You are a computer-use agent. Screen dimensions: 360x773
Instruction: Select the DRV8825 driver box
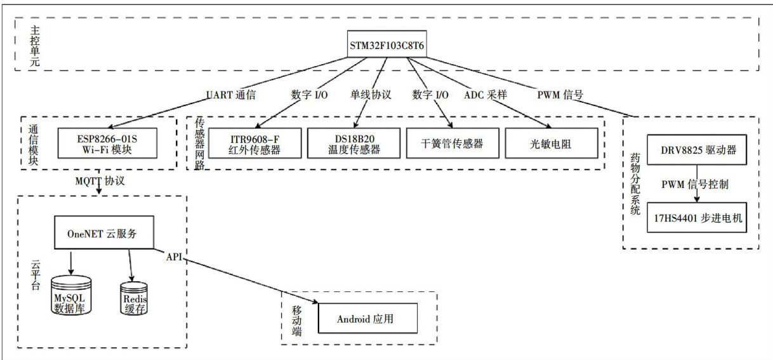pos(694,150)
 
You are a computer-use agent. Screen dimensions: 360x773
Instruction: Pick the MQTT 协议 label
pos(100,181)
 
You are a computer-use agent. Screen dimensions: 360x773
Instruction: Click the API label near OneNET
pos(175,257)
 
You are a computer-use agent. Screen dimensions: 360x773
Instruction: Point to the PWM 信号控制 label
pos(694,185)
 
